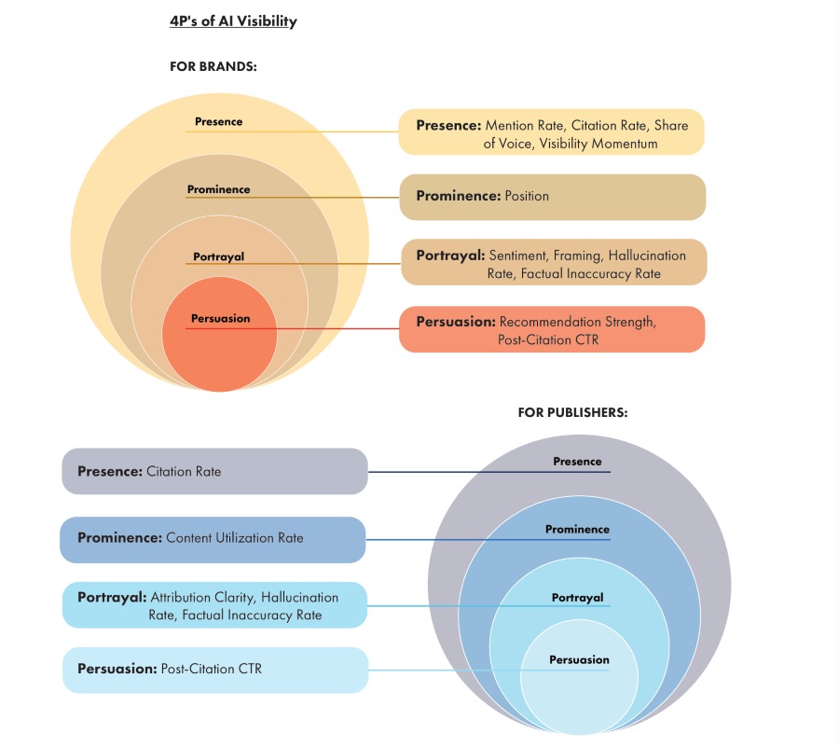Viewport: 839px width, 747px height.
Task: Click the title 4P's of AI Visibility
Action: tap(233, 21)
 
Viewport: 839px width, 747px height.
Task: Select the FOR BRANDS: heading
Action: tap(213, 66)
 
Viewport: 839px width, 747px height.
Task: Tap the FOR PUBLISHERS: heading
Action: tap(572, 412)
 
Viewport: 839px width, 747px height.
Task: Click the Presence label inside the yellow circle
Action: tap(218, 121)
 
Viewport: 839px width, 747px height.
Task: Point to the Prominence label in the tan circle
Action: tap(218, 189)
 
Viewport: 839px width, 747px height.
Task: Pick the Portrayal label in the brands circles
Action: tap(218, 256)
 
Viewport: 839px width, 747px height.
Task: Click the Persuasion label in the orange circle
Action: tap(220, 318)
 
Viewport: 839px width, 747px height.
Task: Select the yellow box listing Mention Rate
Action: tap(551, 132)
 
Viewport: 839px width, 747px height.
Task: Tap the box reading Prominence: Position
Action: tap(553, 197)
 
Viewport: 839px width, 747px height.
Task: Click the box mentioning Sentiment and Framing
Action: tap(554, 262)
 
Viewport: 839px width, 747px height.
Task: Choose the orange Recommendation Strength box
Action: tap(552, 329)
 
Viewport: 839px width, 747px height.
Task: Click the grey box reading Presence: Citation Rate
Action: tap(214, 472)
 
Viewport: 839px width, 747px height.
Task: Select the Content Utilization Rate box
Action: tap(213, 540)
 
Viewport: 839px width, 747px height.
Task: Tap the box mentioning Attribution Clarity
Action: tap(214, 604)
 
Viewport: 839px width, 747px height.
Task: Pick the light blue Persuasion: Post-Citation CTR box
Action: tap(215, 670)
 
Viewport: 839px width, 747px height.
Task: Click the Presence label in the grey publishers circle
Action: tap(577, 462)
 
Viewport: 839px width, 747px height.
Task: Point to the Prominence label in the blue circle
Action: tap(577, 529)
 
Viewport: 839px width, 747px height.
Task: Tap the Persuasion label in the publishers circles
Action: tap(579, 659)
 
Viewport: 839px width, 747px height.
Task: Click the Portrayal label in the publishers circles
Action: tap(577, 598)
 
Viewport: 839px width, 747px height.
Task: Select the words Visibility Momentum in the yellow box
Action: tap(598, 144)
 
